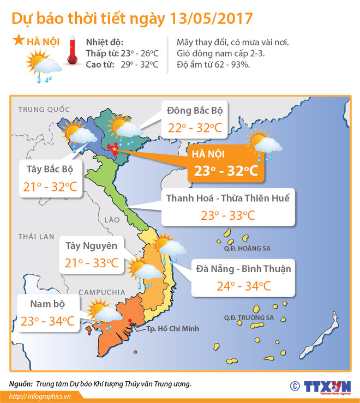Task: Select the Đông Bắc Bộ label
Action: [x=194, y=111]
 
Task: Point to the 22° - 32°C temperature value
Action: [x=194, y=129]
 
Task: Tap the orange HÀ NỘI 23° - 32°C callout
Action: [x=224, y=164]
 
